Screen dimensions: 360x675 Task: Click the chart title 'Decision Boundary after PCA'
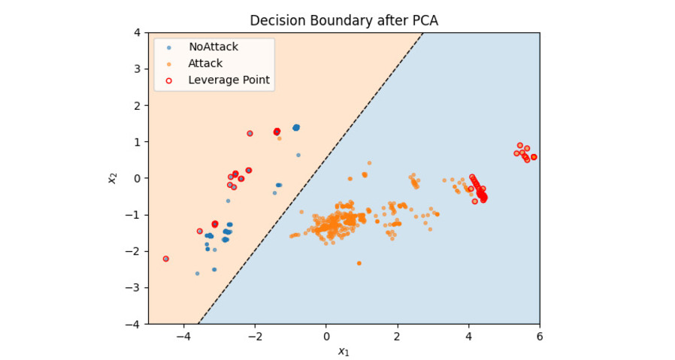(x=344, y=20)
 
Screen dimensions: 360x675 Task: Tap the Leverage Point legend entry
(x=229, y=80)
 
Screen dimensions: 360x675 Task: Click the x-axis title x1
(x=344, y=351)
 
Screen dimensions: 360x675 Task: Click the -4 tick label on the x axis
(x=183, y=336)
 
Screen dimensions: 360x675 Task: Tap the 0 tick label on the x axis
(x=326, y=336)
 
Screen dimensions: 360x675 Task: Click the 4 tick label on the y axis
(x=138, y=32)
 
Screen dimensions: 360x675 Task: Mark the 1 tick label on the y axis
(x=138, y=142)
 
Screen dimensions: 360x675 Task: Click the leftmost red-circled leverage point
(x=165, y=259)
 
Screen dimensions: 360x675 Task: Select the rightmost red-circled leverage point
(x=534, y=157)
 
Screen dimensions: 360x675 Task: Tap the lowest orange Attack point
(x=359, y=263)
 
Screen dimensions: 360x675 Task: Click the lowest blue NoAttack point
(x=198, y=274)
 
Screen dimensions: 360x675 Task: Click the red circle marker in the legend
(x=169, y=80)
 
